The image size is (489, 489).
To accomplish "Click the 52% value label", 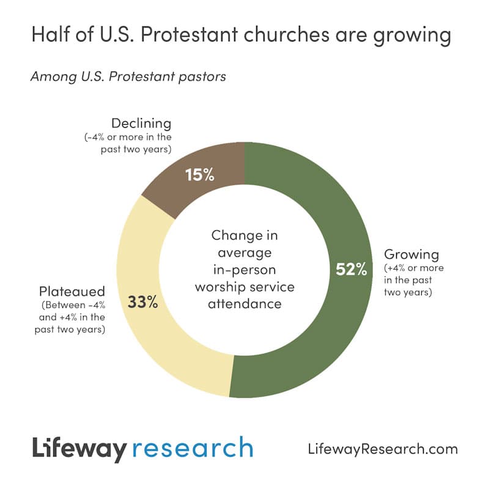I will [351, 269].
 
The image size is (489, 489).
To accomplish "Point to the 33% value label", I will [142, 301].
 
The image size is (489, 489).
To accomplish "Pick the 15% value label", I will [200, 175].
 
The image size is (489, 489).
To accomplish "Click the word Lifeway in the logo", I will [79, 449].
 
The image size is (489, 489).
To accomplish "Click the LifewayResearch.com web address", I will [383, 449].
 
